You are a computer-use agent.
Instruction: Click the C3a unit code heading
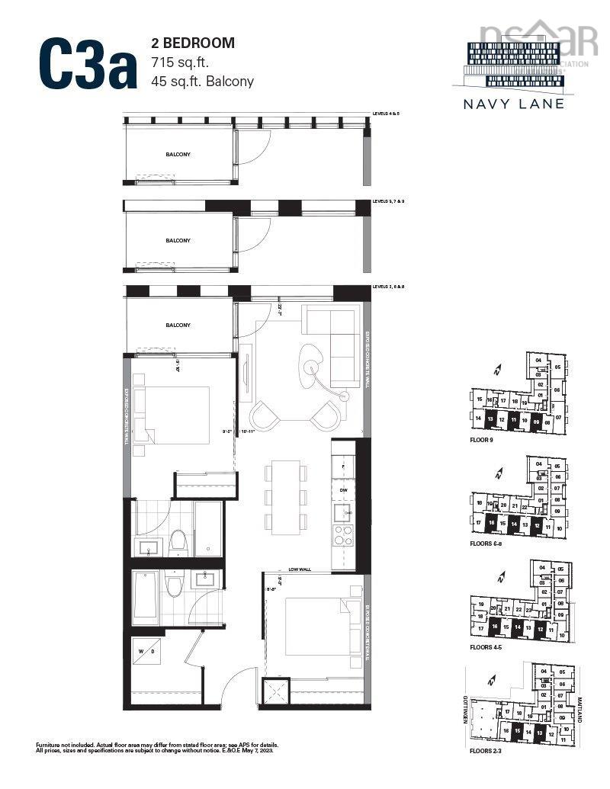(85, 64)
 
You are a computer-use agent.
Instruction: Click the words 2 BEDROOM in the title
(193, 44)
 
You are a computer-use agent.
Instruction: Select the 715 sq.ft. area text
(185, 63)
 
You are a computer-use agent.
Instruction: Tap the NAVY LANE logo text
(515, 104)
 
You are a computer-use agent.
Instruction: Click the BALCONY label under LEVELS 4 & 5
(178, 155)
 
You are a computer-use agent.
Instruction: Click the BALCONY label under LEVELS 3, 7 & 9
(178, 240)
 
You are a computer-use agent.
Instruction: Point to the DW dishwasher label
(344, 489)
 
